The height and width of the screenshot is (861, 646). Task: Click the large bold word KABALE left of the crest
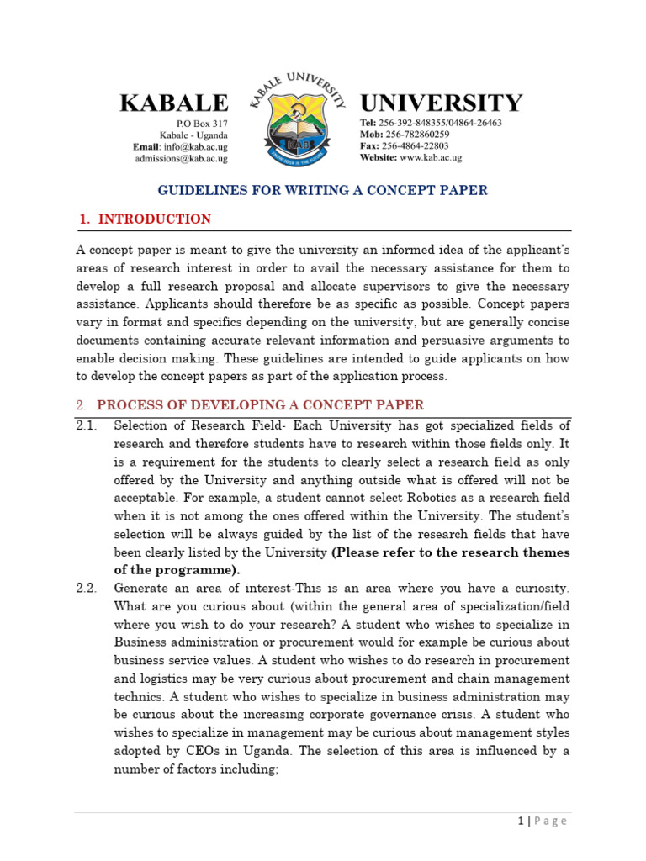[x=173, y=103]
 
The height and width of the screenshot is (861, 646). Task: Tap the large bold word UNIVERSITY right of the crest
[x=441, y=103]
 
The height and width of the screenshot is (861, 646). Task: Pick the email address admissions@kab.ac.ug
[x=181, y=158]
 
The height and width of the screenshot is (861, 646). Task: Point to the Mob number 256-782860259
[x=416, y=135]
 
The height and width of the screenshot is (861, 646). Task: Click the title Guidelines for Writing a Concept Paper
[x=323, y=190]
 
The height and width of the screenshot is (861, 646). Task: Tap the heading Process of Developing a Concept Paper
[x=260, y=405]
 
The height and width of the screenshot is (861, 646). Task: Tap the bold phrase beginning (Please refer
[x=451, y=552]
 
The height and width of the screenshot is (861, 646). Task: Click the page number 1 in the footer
[x=521, y=821]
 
